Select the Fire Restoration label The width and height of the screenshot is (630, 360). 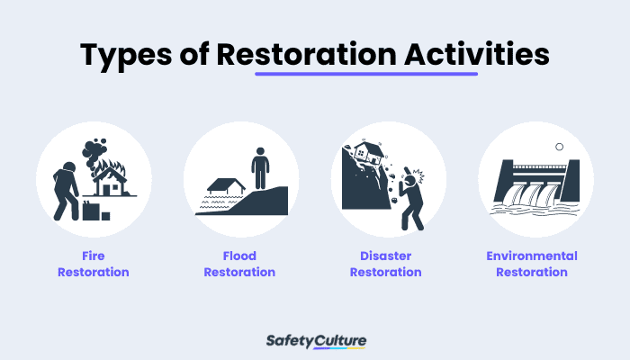[94, 264]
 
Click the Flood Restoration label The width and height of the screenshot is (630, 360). [240, 264]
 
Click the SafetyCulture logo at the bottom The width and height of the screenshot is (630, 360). [316, 341]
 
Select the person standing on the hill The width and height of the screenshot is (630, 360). [260, 167]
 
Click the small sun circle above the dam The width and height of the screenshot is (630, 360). [559, 147]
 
